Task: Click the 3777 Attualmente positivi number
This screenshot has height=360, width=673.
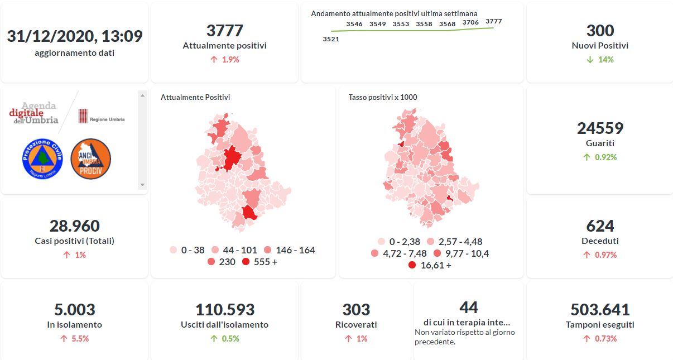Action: point(224,31)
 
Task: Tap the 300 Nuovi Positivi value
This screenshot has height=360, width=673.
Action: point(600,31)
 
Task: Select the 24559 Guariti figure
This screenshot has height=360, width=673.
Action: point(600,128)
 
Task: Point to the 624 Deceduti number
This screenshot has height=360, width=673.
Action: point(600,226)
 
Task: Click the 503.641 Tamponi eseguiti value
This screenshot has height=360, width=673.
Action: point(600,309)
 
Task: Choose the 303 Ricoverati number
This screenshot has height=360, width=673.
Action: point(356,309)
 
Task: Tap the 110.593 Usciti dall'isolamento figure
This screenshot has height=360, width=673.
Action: point(224,309)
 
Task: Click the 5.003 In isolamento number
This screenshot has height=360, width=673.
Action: point(75,309)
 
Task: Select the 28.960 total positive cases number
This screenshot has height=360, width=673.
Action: point(75,226)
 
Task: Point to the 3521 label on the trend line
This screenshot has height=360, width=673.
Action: point(331,39)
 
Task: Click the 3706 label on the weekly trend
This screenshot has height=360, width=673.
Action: point(470,22)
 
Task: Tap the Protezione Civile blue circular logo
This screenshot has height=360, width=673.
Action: point(42,159)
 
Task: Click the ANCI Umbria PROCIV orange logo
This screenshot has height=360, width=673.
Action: point(91,159)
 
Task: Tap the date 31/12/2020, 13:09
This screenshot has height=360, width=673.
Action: point(75,36)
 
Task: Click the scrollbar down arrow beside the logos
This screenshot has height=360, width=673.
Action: point(142,185)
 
